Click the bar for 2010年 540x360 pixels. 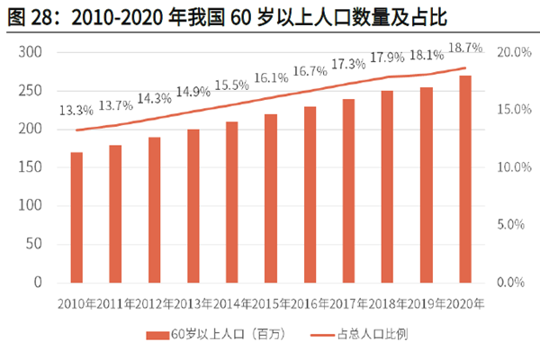[76, 217]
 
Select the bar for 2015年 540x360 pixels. [271, 198]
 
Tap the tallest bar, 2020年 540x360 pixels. [465, 178]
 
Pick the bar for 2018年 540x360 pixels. [387, 186]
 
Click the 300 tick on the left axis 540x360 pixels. [31, 53]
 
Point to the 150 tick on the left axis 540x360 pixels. [31, 167]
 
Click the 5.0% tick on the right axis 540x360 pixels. [510, 225]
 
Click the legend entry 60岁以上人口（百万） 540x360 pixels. [215, 334]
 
